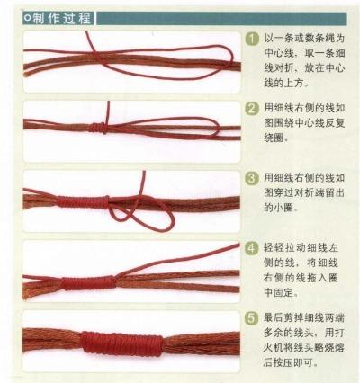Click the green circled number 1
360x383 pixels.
[253, 41]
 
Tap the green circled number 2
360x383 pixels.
[253, 110]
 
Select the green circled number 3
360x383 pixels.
[253, 175]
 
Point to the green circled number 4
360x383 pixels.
[253, 247]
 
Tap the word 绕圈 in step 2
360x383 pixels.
[275, 142]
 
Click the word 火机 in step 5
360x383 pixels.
[275, 350]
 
